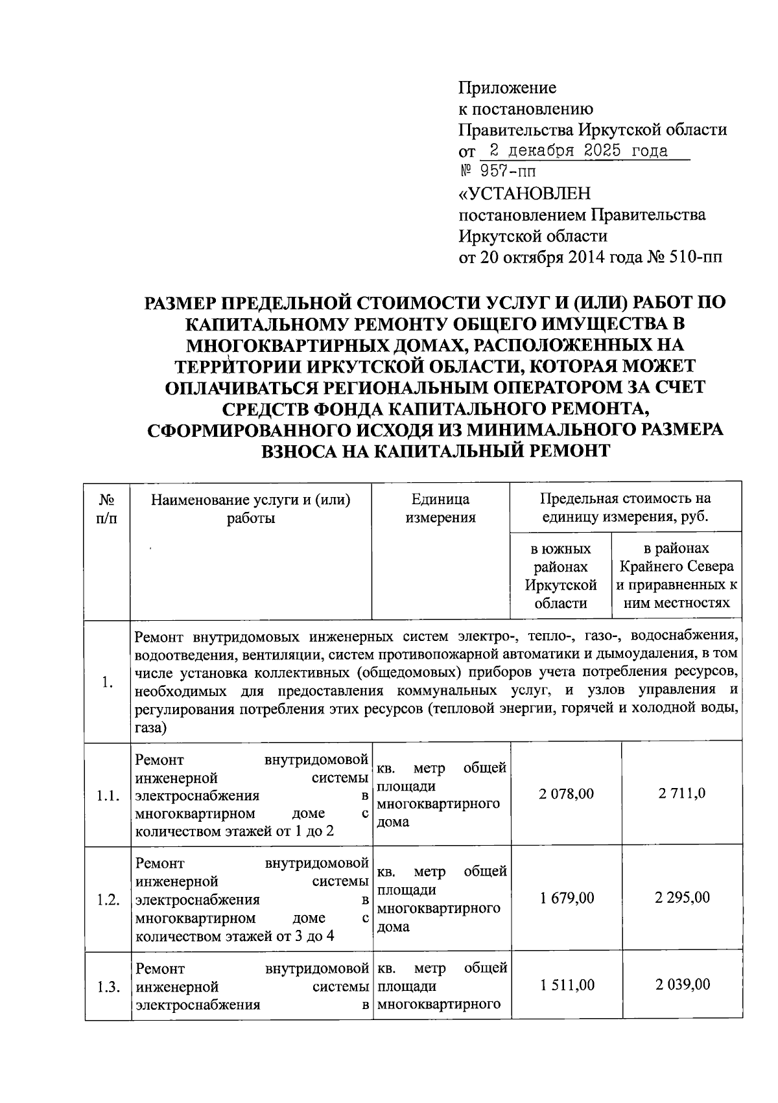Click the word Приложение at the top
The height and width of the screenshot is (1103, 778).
[x=507, y=87]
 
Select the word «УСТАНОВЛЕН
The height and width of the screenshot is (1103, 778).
[x=525, y=194]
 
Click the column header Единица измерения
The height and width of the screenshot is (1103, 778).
[x=440, y=508]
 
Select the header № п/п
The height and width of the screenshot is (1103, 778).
[x=107, y=508]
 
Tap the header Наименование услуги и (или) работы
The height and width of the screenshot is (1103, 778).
[x=251, y=508]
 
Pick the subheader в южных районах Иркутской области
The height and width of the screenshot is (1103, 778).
[x=560, y=575]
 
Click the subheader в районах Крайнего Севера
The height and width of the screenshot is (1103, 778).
[x=676, y=575]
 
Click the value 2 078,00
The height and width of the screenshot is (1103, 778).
[x=566, y=793]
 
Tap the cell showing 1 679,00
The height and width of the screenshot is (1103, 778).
[x=566, y=898]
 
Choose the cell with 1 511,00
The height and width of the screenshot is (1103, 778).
[x=566, y=985]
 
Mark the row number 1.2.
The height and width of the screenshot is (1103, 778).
[x=108, y=900]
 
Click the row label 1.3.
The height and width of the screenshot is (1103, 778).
[x=108, y=988]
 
